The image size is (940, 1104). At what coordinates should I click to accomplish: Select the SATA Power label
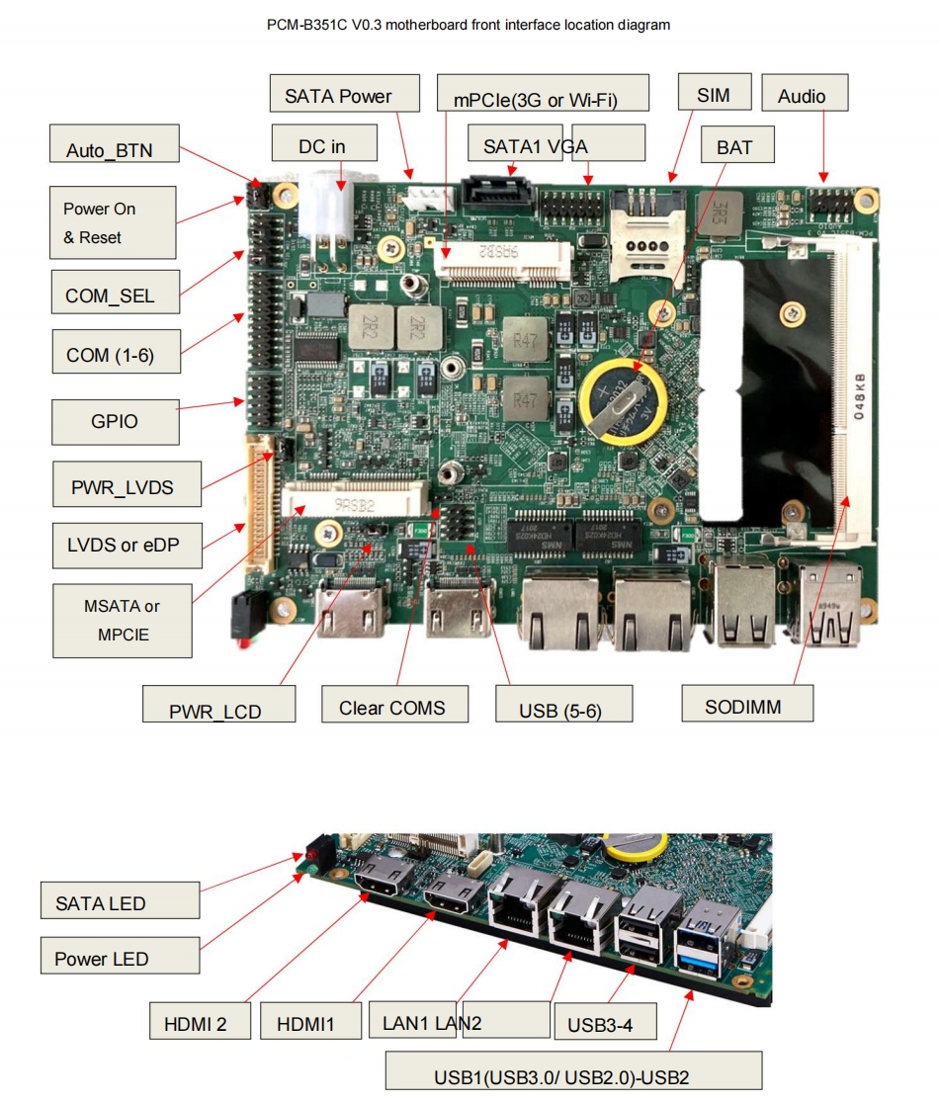coord(338,96)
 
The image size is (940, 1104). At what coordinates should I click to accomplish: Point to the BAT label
coord(734,147)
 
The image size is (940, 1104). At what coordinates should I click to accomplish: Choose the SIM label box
coord(714,95)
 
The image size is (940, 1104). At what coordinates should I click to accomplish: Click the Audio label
coord(801,95)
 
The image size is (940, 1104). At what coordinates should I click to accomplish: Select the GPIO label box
coord(115,421)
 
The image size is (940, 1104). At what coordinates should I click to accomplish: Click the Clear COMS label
coord(391,707)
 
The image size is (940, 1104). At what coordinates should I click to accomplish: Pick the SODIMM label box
coord(747,707)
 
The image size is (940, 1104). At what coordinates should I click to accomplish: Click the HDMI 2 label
coord(195,1024)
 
